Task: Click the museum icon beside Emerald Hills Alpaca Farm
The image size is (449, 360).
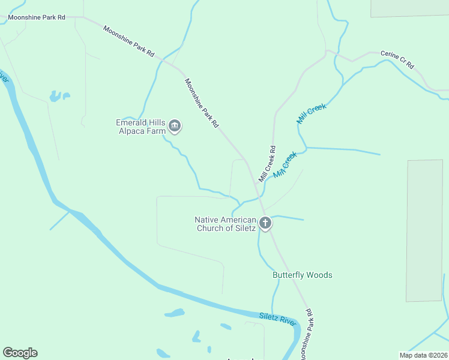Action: pyautogui.click(x=175, y=126)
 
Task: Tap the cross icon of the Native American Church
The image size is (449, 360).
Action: pyautogui.click(x=265, y=224)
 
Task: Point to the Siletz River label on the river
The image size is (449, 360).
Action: pyautogui.click(x=278, y=319)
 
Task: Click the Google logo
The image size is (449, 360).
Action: pyautogui.click(x=20, y=353)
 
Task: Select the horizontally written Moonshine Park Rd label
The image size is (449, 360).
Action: pyautogui.click(x=37, y=17)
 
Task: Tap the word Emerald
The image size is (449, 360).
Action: pyautogui.click(x=131, y=123)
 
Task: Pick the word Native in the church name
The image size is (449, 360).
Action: pyautogui.click(x=206, y=220)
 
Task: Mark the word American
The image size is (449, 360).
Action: pyautogui.click(x=238, y=220)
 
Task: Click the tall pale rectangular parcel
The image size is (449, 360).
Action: pyautogui.click(x=424, y=230)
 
